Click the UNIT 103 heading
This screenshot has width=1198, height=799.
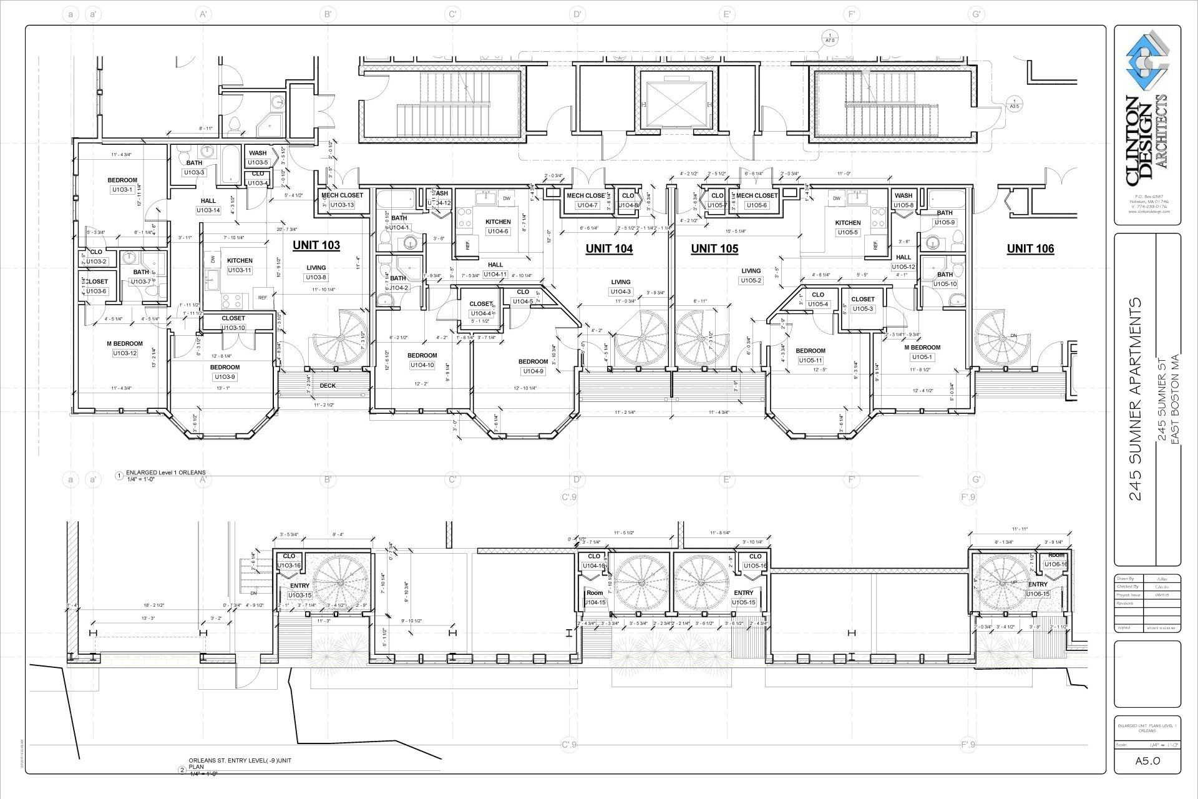coord(316,245)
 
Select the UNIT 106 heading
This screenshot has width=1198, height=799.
coord(1030,248)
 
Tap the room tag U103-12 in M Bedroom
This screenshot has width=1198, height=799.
coord(125,353)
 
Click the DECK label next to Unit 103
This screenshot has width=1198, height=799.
coord(328,386)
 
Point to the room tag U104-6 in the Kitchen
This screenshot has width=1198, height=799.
coord(497,232)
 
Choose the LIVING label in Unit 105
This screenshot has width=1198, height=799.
coord(751,271)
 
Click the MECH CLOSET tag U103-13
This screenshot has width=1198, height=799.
coord(342,205)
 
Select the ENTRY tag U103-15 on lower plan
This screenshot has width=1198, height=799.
coord(299,596)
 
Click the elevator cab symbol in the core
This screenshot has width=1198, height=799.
coord(677,100)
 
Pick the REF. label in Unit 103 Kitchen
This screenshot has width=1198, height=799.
coord(263,298)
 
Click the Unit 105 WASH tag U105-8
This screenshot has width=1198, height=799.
coord(903,205)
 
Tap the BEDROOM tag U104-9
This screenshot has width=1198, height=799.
coord(533,371)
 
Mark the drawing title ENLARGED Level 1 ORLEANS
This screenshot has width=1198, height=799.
coord(165,473)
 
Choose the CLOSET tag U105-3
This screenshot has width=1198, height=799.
coord(862,309)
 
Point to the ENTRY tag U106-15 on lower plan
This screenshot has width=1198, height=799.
coord(1038,594)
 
